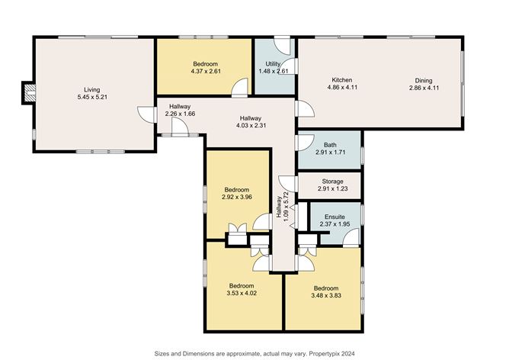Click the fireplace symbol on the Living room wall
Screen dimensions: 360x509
[29, 94]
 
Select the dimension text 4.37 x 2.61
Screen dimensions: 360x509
[206, 72]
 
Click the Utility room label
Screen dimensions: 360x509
[274, 63]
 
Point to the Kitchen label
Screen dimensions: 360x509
[341, 79]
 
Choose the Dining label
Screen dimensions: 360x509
[424, 79]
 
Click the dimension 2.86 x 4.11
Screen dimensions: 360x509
[424, 88]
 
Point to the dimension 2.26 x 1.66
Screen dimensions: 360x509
[180, 114]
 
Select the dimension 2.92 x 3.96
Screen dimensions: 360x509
[238, 198]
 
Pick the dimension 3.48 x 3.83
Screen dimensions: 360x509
[325, 296]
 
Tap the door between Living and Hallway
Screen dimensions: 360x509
[144, 114]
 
